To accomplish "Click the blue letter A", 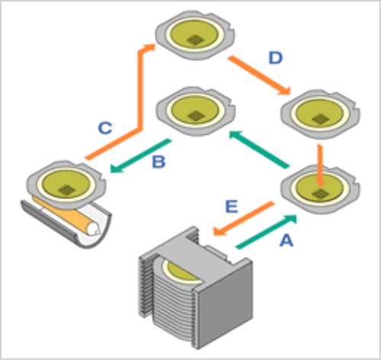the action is (287, 240).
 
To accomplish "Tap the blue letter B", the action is (158, 162).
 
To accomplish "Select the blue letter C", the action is (105, 128).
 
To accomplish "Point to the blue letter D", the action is (276, 58).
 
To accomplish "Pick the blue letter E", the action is (232, 206).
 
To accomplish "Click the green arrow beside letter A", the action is (267, 232).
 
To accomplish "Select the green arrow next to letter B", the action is (140, 156).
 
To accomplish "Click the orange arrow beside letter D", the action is (259, 76).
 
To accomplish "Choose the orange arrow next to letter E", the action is (243, 218).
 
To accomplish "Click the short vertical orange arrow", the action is (321, 166).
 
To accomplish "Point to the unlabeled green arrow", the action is (259, 149).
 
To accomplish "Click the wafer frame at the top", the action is (195, 35).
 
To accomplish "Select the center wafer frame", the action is (196, 111).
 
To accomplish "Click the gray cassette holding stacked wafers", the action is (196, 288).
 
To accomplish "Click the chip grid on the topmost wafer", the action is (196, 40).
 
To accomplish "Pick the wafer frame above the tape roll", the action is (66, 185).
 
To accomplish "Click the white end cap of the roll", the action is (93, 229).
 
